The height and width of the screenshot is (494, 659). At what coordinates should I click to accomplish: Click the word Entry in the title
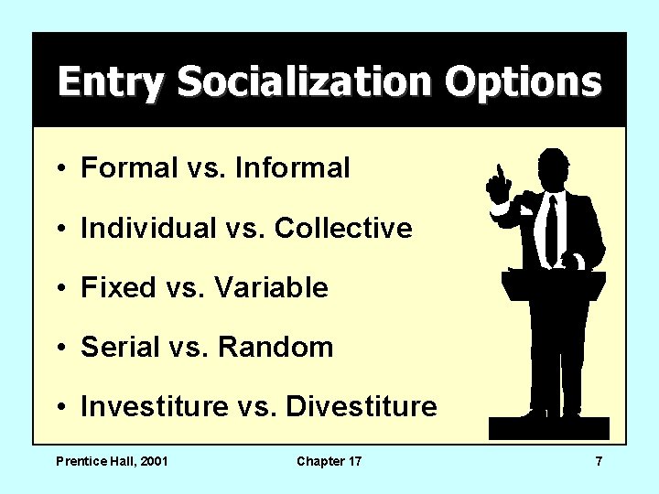[x=112, y=82]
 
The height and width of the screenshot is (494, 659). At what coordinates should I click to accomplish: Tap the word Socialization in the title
[x=305, y=82]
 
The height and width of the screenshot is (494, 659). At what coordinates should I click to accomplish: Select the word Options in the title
[x=524, y=82]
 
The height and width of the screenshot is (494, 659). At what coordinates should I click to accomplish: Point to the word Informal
[x=292, y=168]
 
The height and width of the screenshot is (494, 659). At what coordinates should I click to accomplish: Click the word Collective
[x=343, y=228]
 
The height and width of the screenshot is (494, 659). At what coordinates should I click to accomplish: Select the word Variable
[x=271, y=287]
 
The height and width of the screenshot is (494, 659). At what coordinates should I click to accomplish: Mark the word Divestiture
[x=362, y=406]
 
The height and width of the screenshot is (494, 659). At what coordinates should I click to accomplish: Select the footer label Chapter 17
[x=329, y=461]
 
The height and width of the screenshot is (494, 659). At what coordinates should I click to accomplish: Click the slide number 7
[x=599, y=461]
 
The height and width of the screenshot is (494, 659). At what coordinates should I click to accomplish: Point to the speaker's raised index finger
[x=499, y=172]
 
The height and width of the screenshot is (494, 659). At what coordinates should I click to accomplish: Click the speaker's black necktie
[x=551, y=229]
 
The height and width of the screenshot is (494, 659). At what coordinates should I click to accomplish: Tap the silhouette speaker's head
[x=553, y=168]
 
